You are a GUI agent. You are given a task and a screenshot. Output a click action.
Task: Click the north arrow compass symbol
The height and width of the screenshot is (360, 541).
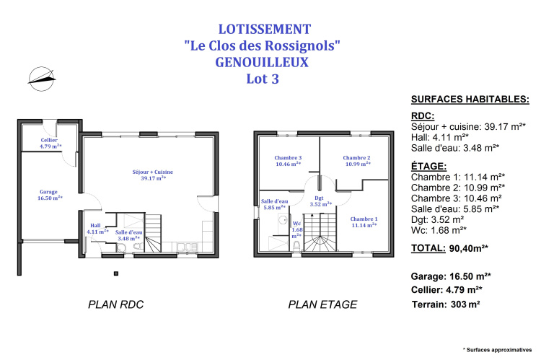41,79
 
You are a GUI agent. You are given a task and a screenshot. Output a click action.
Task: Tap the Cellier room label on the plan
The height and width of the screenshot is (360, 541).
49,140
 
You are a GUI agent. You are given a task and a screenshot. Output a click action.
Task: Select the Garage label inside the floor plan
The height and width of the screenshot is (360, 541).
48,192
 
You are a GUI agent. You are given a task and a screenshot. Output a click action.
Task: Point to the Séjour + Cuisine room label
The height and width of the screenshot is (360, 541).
153,172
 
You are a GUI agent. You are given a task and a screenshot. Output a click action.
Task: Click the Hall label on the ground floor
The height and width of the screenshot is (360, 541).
95,225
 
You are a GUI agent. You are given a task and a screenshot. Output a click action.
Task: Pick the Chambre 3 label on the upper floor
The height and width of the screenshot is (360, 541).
288,158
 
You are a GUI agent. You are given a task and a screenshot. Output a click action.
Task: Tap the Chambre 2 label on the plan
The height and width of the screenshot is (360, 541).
357,158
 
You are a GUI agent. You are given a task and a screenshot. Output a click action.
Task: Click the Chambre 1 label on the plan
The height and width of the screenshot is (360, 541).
364,219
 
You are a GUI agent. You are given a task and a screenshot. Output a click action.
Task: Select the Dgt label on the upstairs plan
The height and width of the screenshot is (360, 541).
319,198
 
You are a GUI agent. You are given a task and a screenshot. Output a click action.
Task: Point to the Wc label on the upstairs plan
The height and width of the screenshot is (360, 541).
296,224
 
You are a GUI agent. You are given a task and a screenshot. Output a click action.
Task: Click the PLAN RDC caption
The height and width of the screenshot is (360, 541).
116,304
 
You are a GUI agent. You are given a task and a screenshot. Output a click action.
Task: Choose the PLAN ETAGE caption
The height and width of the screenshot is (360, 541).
322,304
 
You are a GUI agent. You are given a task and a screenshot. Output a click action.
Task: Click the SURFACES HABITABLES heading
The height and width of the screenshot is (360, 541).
470,100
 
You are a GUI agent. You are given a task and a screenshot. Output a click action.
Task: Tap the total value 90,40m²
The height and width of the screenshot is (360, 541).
469,248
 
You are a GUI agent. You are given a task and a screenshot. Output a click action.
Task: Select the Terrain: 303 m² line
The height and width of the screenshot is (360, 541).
446,304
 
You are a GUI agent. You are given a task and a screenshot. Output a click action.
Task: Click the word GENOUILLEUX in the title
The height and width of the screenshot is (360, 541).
263,63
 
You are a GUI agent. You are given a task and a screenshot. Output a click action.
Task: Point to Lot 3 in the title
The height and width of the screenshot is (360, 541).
263,79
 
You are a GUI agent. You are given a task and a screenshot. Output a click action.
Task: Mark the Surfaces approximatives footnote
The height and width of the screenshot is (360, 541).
497,350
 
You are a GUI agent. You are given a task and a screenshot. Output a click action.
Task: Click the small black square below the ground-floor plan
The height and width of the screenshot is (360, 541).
116,273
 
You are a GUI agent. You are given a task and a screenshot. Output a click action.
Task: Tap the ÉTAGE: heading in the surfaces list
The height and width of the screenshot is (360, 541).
429,167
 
